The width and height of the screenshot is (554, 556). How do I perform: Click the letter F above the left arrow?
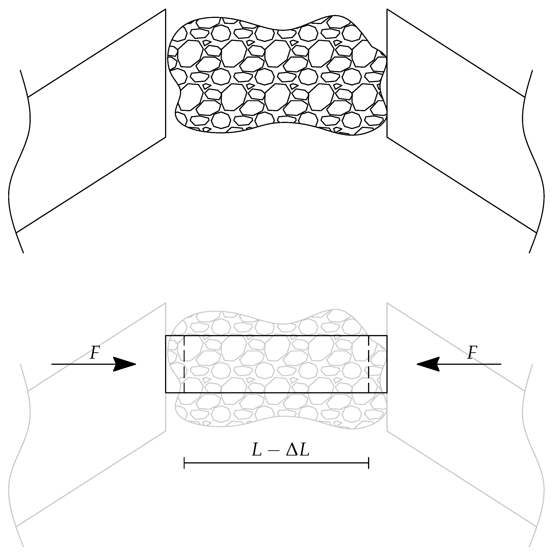95,353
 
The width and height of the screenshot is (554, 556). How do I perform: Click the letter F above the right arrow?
472,353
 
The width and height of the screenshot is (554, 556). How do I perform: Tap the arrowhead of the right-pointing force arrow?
126,364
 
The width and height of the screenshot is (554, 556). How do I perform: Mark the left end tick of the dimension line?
184,463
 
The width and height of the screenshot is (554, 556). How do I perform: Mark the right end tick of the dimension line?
369,463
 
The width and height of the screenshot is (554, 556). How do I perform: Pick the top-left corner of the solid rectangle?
166,336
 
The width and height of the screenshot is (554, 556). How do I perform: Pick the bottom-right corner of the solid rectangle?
387,392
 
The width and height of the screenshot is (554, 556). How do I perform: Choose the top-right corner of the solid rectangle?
387,336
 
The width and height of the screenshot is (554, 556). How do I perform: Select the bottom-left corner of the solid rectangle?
166,392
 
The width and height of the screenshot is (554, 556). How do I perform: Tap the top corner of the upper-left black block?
166,9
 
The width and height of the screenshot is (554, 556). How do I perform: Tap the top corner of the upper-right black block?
387,9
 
